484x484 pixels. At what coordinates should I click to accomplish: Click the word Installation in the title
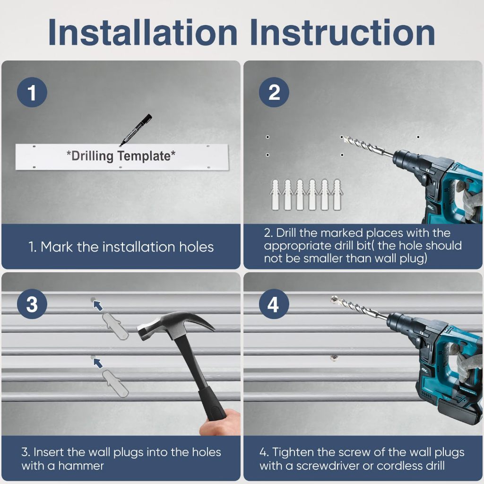coord(143,33)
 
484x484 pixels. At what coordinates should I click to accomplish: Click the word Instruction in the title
coord(342,33)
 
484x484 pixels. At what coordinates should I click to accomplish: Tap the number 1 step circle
coord(32,92)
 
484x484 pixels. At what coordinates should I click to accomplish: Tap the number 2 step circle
coord(274,92)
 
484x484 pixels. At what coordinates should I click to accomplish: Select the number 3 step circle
coord(32,304)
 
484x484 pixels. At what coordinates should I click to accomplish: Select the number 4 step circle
coord(274,304)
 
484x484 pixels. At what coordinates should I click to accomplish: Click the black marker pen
coord(136,130)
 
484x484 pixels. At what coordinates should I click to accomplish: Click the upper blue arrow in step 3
coord(98,306)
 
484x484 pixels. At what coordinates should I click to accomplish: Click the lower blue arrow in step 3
coord(98,363)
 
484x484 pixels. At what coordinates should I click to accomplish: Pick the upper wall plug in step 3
coord(115,326)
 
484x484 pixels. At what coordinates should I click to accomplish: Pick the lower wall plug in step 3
coord(115,383)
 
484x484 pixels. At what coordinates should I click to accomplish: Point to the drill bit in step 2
coord(367,146)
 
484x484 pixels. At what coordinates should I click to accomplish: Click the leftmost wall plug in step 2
coord(275,195)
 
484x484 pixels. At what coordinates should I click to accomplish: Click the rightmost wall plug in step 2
coord(337,195)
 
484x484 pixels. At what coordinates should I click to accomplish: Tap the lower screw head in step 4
coord(333,358)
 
